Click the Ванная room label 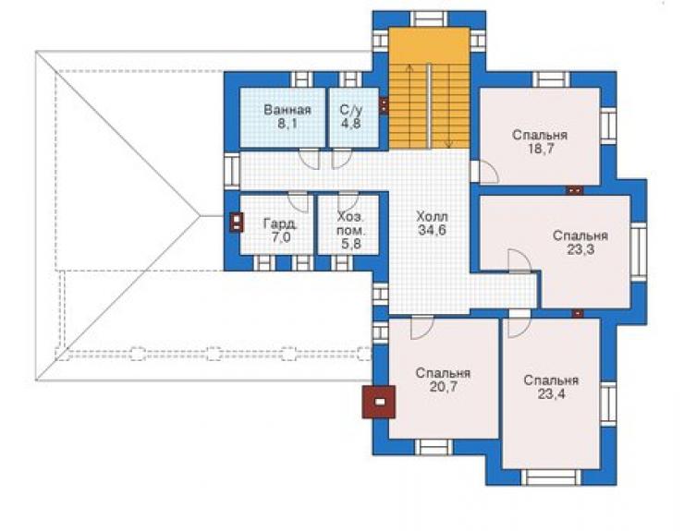click(287, 109)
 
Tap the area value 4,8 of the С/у click(350, 124)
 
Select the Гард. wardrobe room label click(281, 224)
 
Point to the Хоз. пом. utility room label click(350, 223)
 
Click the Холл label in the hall click(432, 216)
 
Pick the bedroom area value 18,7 click(540, 149)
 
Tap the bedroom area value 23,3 click(580, 250)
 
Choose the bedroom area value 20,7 click(443, 387)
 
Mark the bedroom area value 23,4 click(551, 394)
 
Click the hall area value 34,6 click(432, 230)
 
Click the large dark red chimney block click(379, 402)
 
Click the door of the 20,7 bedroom click(421, 328)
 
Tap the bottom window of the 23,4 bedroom click(551, 477)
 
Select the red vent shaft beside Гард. click(236, 223)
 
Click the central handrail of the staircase click(429, 106)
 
